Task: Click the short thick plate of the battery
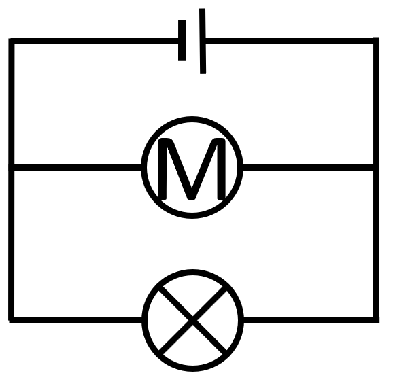pyautogui.click(x=182, y=41)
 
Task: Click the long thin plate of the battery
pyautogui.click(x=203, y=41)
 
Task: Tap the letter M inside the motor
pyautogui.click(x=192, y=169)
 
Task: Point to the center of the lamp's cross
pyautogui.click(x=192, y=320)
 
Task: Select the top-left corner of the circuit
pyautogui.click(x=12, y=41)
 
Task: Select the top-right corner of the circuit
pyautogui.click(x=376, y=41)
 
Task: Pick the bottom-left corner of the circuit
pyautogui.click(x=12, y=320)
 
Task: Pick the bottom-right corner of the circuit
pyautogui.click(x=376, y=320)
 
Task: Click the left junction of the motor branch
pyautogui.click(x=12, y=168)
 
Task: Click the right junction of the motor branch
pyautogui.click(x=376, y=168)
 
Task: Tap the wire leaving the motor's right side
pyautogui.click(x=308, y=168)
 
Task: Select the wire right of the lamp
pyautogui.click(x=309, y=320)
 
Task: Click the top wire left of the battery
pyautogui.click(x=96, y=41)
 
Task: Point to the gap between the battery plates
pyautogui.click(x=193, y=41)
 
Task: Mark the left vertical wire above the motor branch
pyautogui.click(x=12, y=104)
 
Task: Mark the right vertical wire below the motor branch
pyautogui.click(x=376, y=244)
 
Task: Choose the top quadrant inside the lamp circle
pyautogui.click(x=192, y=292)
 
